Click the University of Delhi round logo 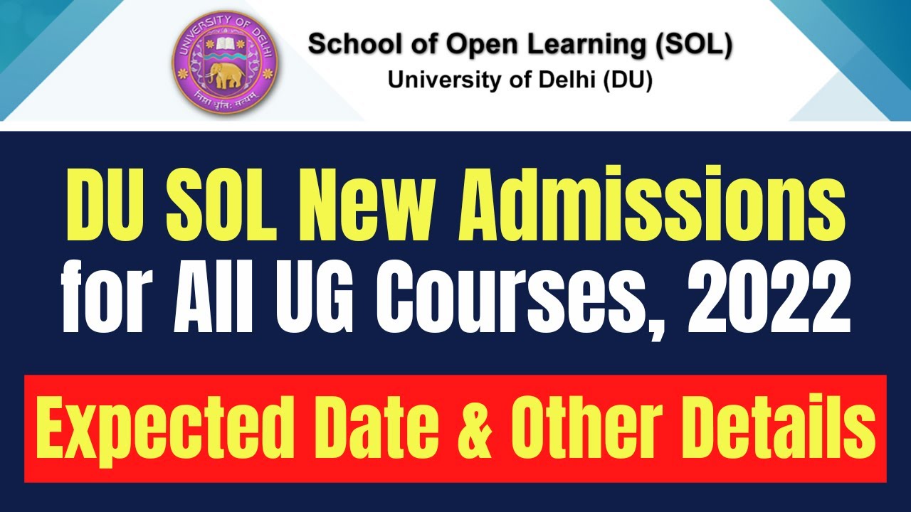pyautogui.click(x=225, y=65)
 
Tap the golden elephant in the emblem pyautogui.click(x=225, y=73)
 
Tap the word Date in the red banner pyautogui.click(x=370, y=430)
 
